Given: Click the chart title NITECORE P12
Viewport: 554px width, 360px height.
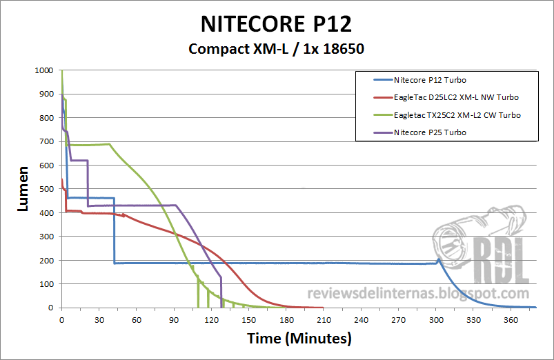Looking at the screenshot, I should (x=276, y=23).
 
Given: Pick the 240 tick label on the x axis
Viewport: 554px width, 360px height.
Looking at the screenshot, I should (x=362, y=320).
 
